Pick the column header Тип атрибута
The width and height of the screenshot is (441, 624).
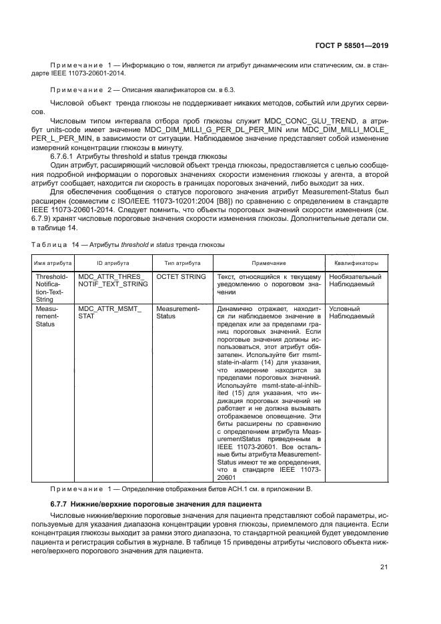point(179,263)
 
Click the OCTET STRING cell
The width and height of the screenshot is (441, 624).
point(179,276)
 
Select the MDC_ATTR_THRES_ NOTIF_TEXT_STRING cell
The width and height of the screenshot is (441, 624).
point(111,280)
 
